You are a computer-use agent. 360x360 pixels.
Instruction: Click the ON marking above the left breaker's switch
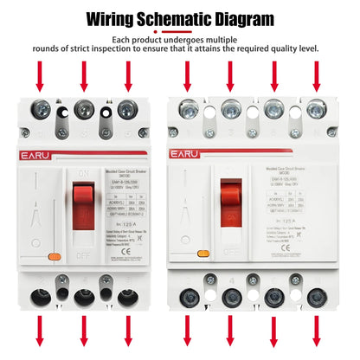tap(85, 148)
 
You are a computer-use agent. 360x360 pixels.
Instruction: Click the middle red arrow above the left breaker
tap(84, 75)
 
